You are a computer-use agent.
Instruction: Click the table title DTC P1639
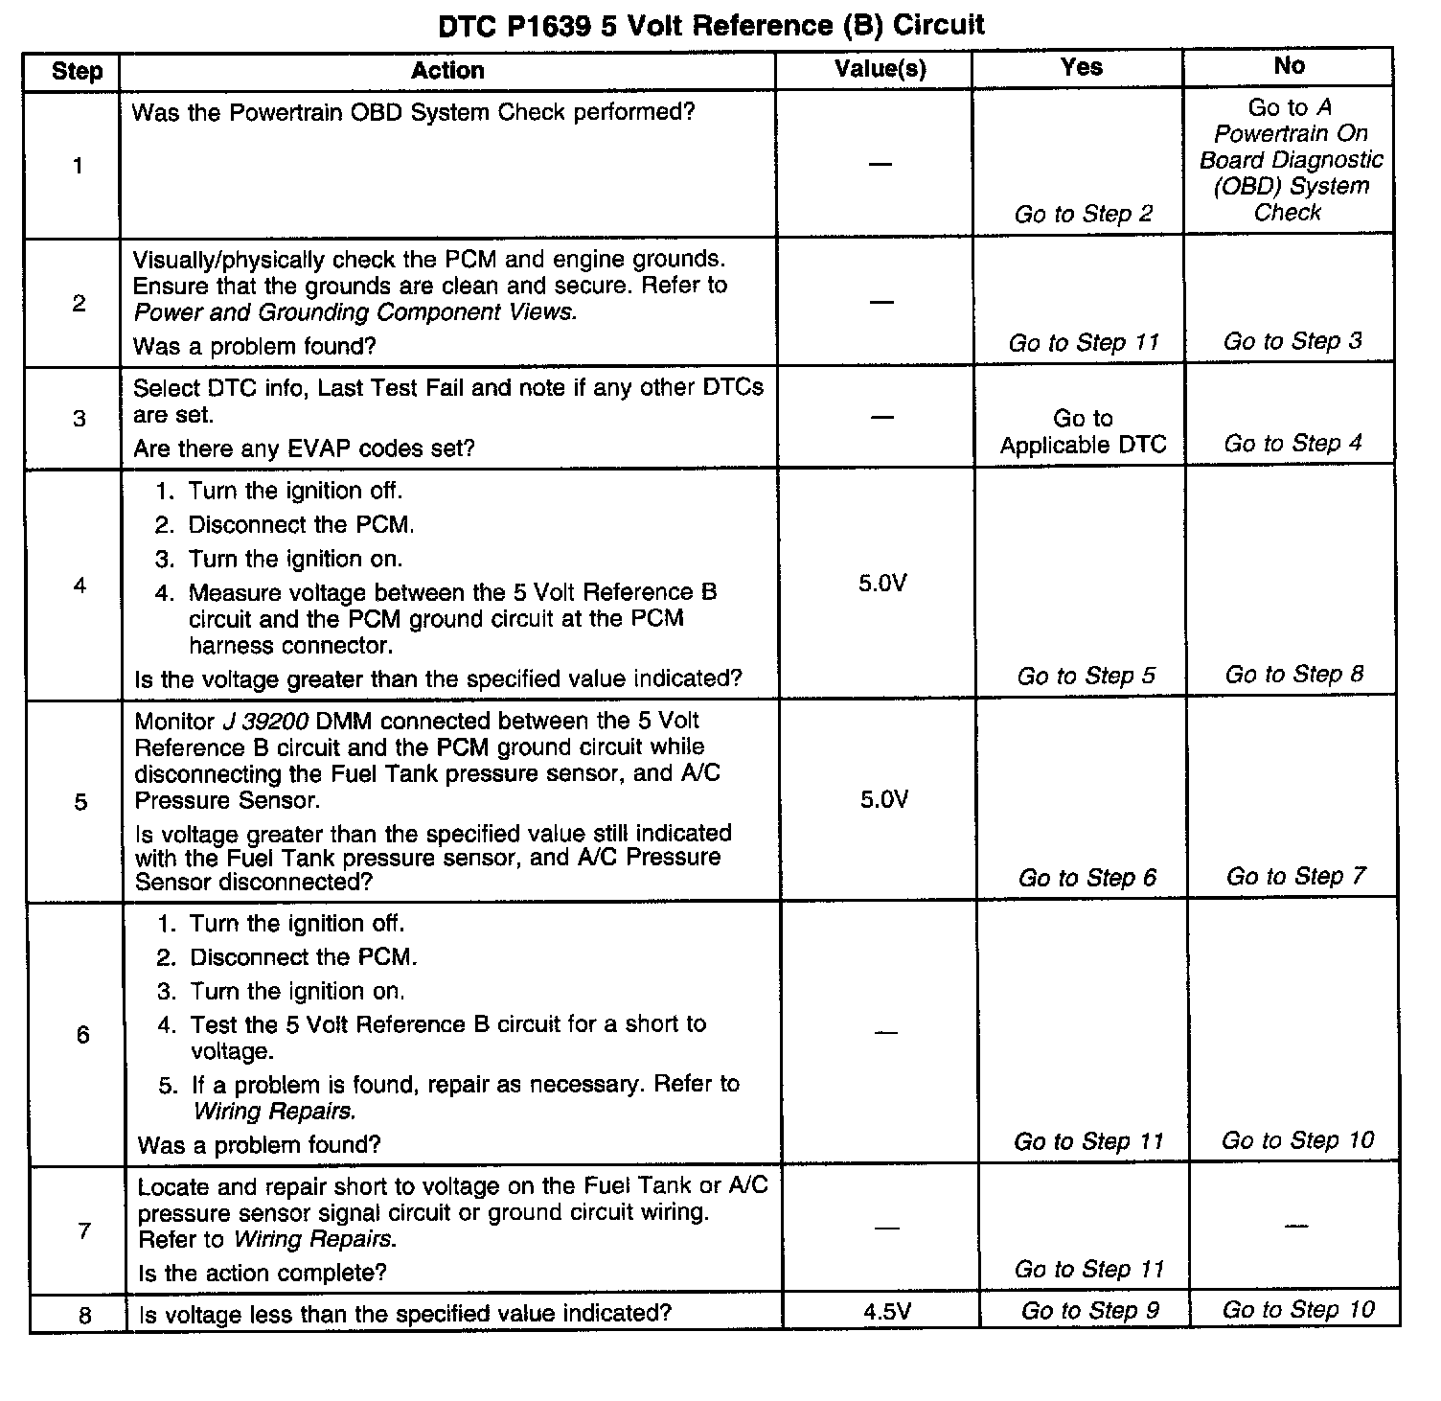[710, 25]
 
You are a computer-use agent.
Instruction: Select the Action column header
[447, 71]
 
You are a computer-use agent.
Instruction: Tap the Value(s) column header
[881, 69]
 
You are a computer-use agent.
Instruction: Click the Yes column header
[1081, 67]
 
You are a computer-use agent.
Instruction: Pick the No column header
[1289, 65]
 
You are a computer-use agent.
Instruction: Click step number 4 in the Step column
[80, 585]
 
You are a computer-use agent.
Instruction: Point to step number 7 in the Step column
[83, 1230]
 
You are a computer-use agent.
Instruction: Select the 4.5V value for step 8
[886, 1312]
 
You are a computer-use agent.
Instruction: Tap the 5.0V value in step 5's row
[883, 800]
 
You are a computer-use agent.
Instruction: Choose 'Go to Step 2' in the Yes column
[1084, 214]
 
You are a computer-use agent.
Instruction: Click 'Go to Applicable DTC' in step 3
[1083, 431]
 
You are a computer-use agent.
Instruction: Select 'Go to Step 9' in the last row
[1090, 1311]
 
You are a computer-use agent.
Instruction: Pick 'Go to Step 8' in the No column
[1293, 675]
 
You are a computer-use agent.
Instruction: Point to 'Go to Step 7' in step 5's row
[1295, 877]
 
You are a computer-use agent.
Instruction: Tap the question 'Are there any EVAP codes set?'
[304, 448]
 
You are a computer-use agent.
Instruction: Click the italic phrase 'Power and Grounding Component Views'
[355, 312]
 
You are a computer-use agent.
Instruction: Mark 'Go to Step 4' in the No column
[1292, 443]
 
